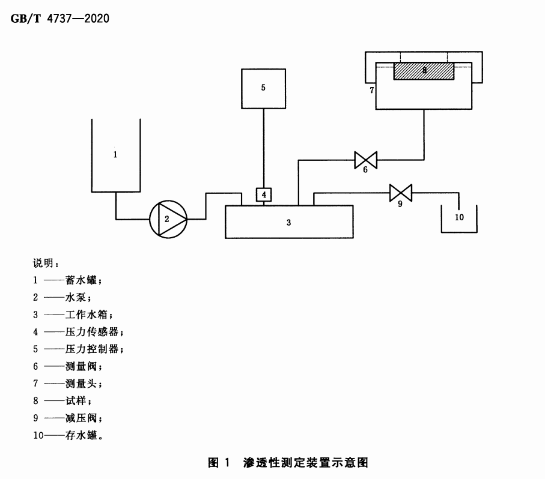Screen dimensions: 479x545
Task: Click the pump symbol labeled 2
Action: pos(168,218)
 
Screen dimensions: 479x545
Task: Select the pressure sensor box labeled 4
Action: pos(264,194)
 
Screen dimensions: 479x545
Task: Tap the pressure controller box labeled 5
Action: pos(263,88)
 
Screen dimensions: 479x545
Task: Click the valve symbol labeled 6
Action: pos(365,160)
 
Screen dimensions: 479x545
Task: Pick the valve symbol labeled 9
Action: pos(400,193)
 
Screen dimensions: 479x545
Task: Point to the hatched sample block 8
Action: pos(424,71)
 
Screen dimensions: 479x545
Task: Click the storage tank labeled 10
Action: pos(459,218)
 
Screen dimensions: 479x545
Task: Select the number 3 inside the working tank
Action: pos(289,222)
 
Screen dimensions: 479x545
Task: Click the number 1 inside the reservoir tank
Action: pos(115,154)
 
